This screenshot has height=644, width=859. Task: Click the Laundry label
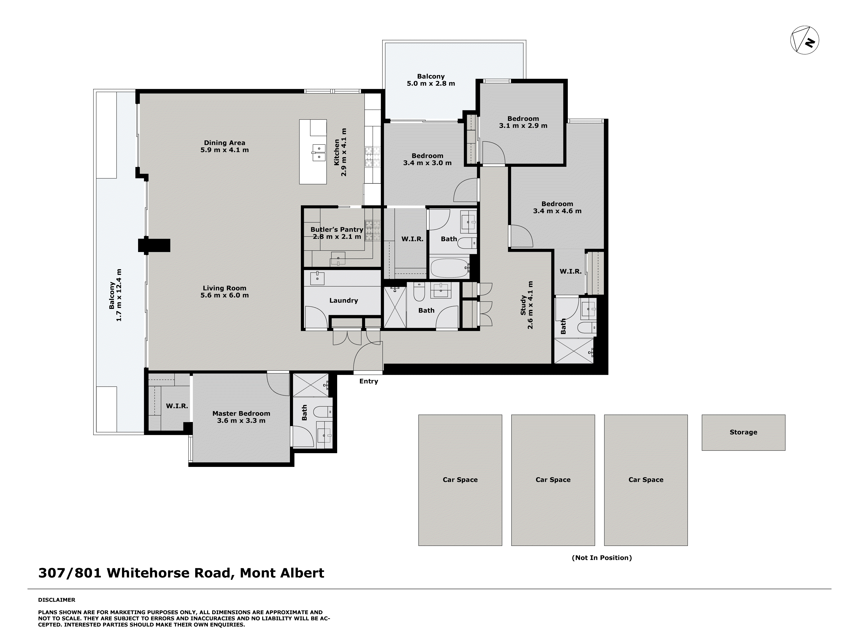(x=343, y=301)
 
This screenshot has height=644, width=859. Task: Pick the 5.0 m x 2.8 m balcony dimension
(x=431, y=84)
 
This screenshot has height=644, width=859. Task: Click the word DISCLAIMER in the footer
(x=57, y=600)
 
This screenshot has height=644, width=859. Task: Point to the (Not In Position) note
(x=602, y=558)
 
